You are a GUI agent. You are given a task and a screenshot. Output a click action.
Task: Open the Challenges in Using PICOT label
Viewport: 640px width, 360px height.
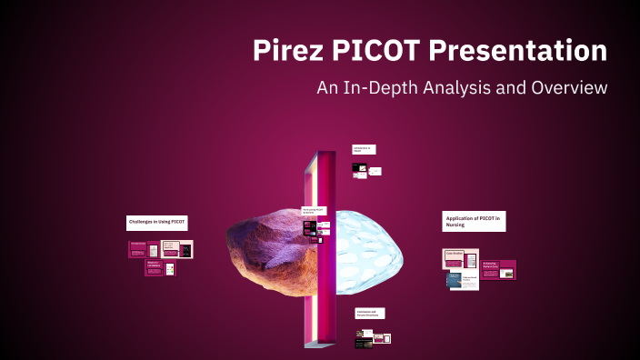click(x=156, y=223)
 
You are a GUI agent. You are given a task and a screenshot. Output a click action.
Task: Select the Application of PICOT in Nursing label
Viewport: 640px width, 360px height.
click(x=473, y=222)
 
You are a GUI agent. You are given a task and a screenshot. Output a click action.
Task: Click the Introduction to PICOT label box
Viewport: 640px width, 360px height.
click(x=364, y=149)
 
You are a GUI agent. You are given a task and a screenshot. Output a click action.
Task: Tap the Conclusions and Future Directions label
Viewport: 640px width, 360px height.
click(x=369, y=313)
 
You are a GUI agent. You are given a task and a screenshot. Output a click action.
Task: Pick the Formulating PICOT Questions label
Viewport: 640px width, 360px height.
click(x=314, y=211)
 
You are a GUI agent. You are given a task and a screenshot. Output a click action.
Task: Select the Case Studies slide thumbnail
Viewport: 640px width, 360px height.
click(x=454, y=258)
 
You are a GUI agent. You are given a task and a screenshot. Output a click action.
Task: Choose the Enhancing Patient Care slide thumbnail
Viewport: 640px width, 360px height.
click(x=499, y=269)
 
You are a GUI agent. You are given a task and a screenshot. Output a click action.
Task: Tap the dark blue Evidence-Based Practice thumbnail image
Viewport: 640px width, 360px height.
click(x=455, y=280)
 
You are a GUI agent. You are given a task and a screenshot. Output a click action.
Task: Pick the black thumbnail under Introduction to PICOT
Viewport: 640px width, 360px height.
click(x=360, y=168)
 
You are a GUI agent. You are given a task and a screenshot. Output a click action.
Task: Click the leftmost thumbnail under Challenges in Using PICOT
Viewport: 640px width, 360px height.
click(x=138, y=248)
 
